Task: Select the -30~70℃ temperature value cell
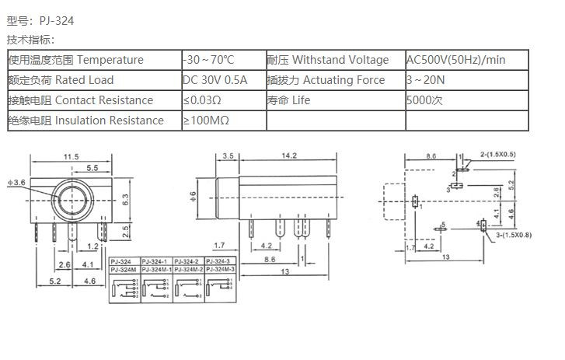coord(208,60)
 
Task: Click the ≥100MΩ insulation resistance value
coord(206,121)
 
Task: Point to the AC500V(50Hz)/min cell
coord(456,60)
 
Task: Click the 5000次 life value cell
coord(424,100)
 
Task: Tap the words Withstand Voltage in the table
coord(340,60)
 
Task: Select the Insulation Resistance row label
coord(109,121)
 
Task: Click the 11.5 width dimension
coord(71,157)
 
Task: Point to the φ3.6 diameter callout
coord(17,182)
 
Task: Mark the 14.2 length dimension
coord(289,156)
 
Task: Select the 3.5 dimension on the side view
coord(228,156)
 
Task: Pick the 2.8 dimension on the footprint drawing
coord(497,191)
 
